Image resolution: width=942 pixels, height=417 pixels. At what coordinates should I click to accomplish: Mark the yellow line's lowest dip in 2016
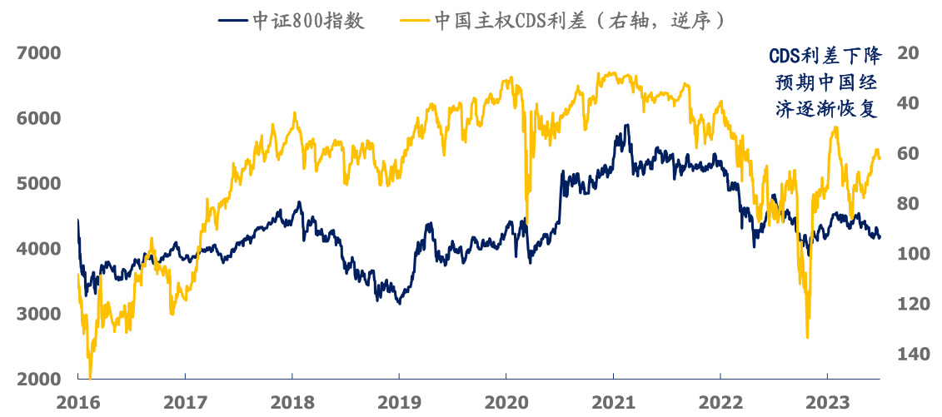coord(89,376)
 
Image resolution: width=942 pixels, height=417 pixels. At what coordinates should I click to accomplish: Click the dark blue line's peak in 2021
coord(626,126)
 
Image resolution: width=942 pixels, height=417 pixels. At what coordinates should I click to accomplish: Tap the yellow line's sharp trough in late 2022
coord(807,337)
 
